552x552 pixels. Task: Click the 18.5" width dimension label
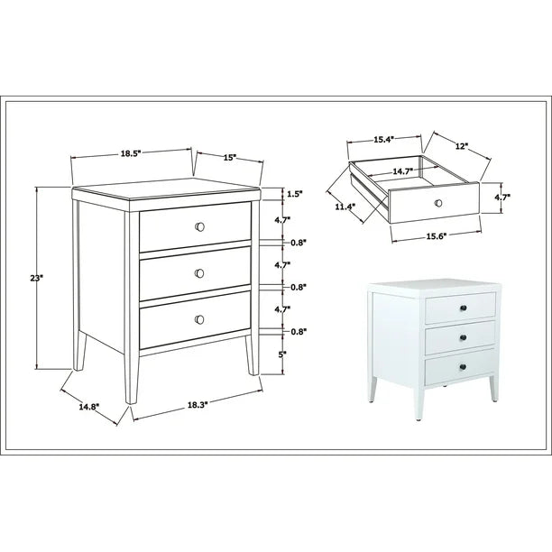coord(131,153)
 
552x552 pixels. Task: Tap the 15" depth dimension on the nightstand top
coord(230,157)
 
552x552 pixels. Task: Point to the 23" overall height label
coord(36,278)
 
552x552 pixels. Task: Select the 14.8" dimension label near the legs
coord(89,407)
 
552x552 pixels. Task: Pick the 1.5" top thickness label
coord(295,194)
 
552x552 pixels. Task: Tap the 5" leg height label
coord(282,354)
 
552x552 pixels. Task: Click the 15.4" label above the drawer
coord(383,140)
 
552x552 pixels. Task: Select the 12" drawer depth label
coord(462,146)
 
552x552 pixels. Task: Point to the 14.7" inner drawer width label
coord(403,171)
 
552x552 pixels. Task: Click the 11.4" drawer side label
coord(344,207)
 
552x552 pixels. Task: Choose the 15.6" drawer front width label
coord(437,236)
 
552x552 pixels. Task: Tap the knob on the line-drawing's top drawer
coord(199,227)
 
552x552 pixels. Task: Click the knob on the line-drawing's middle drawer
coord(199,273)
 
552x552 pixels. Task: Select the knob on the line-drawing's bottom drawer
coord(199,319)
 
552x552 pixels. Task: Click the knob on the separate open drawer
coord(438,203)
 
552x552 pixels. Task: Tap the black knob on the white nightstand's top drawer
coord(464,308)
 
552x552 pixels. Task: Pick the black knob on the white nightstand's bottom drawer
coord(463,367)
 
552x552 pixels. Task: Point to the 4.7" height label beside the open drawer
coord(502,198)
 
